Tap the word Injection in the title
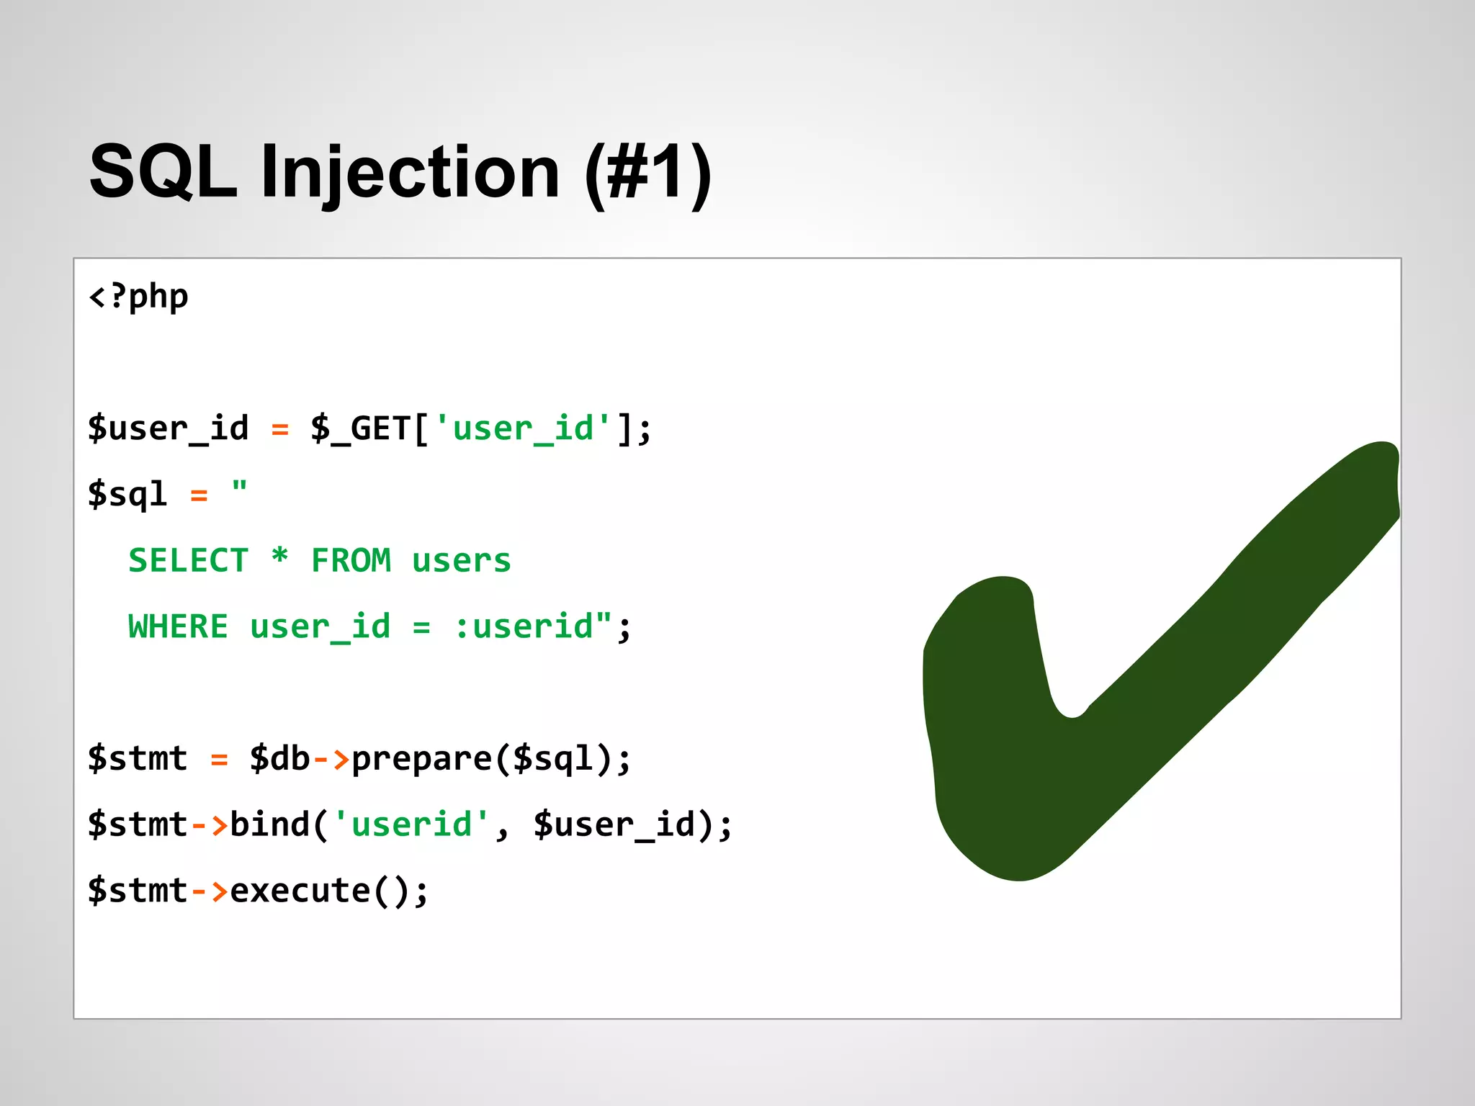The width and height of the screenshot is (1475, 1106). [411, 173]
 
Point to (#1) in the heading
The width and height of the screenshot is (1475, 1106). [648, 173]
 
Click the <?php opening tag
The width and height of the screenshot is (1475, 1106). [138, 297]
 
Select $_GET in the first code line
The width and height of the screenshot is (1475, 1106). [361, 429]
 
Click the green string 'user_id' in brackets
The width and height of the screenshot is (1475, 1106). [524, 429]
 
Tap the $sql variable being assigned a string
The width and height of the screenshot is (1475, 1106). [127, 495]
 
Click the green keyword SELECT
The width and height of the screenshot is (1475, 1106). [189, 561]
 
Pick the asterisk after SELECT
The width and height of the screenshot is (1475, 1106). [280, 558]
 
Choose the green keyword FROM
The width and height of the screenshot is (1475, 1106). [351, 561]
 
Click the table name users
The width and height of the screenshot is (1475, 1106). [462, 561]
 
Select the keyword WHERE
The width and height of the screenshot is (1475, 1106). [179, 626]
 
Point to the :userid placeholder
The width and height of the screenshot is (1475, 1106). [524, 626]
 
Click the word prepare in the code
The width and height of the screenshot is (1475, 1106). [421, 759]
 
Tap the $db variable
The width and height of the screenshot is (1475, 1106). [279, 759]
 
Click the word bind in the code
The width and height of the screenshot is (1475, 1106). [270, 824]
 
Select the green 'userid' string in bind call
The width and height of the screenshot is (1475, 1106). [411, 824]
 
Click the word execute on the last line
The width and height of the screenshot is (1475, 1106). [300, 891]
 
